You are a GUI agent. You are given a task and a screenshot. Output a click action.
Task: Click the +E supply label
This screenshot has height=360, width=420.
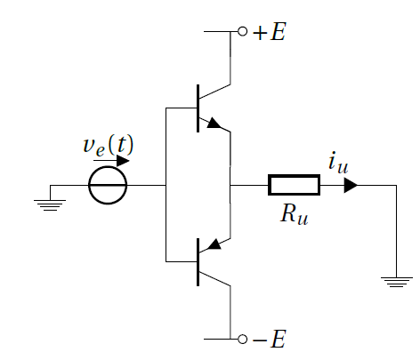pos(270,32)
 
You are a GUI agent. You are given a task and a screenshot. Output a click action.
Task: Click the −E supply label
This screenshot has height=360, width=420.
pos(270,339)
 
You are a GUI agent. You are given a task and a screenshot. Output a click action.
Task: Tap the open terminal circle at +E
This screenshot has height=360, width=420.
pos(242,31)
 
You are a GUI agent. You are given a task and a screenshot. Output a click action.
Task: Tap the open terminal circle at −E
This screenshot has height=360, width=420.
pos(242,339)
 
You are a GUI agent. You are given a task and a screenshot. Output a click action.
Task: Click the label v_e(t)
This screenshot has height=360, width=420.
pos(109,146)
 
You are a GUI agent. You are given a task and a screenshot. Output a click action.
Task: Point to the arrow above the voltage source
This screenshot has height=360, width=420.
pos(111,161)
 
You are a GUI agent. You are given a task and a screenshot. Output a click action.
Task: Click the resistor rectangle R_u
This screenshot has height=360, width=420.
pos(294,176)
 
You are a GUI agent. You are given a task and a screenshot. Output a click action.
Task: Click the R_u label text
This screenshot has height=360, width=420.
pos(295,214)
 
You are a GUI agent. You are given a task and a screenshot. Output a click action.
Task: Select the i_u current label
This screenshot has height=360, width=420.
pos(338,163)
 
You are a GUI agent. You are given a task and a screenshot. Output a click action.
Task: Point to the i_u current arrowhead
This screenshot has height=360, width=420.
pos(351,185)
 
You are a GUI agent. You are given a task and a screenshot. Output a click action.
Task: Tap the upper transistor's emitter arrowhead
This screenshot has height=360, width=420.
pos(214,123)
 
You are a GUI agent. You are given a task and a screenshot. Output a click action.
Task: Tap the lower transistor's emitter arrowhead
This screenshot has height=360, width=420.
pos(214,244)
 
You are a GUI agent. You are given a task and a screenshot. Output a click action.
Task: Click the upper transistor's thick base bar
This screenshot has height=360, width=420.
pos(198,108)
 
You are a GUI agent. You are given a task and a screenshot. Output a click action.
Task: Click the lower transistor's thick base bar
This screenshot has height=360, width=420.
pos(198,262)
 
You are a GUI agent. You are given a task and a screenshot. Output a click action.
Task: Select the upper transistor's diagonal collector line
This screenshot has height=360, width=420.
pos(214,92)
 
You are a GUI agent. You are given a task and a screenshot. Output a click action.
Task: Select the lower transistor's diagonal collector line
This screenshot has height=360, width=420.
pos(214,279)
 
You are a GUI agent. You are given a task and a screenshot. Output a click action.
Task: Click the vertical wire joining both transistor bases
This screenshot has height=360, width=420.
pos(166,185)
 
